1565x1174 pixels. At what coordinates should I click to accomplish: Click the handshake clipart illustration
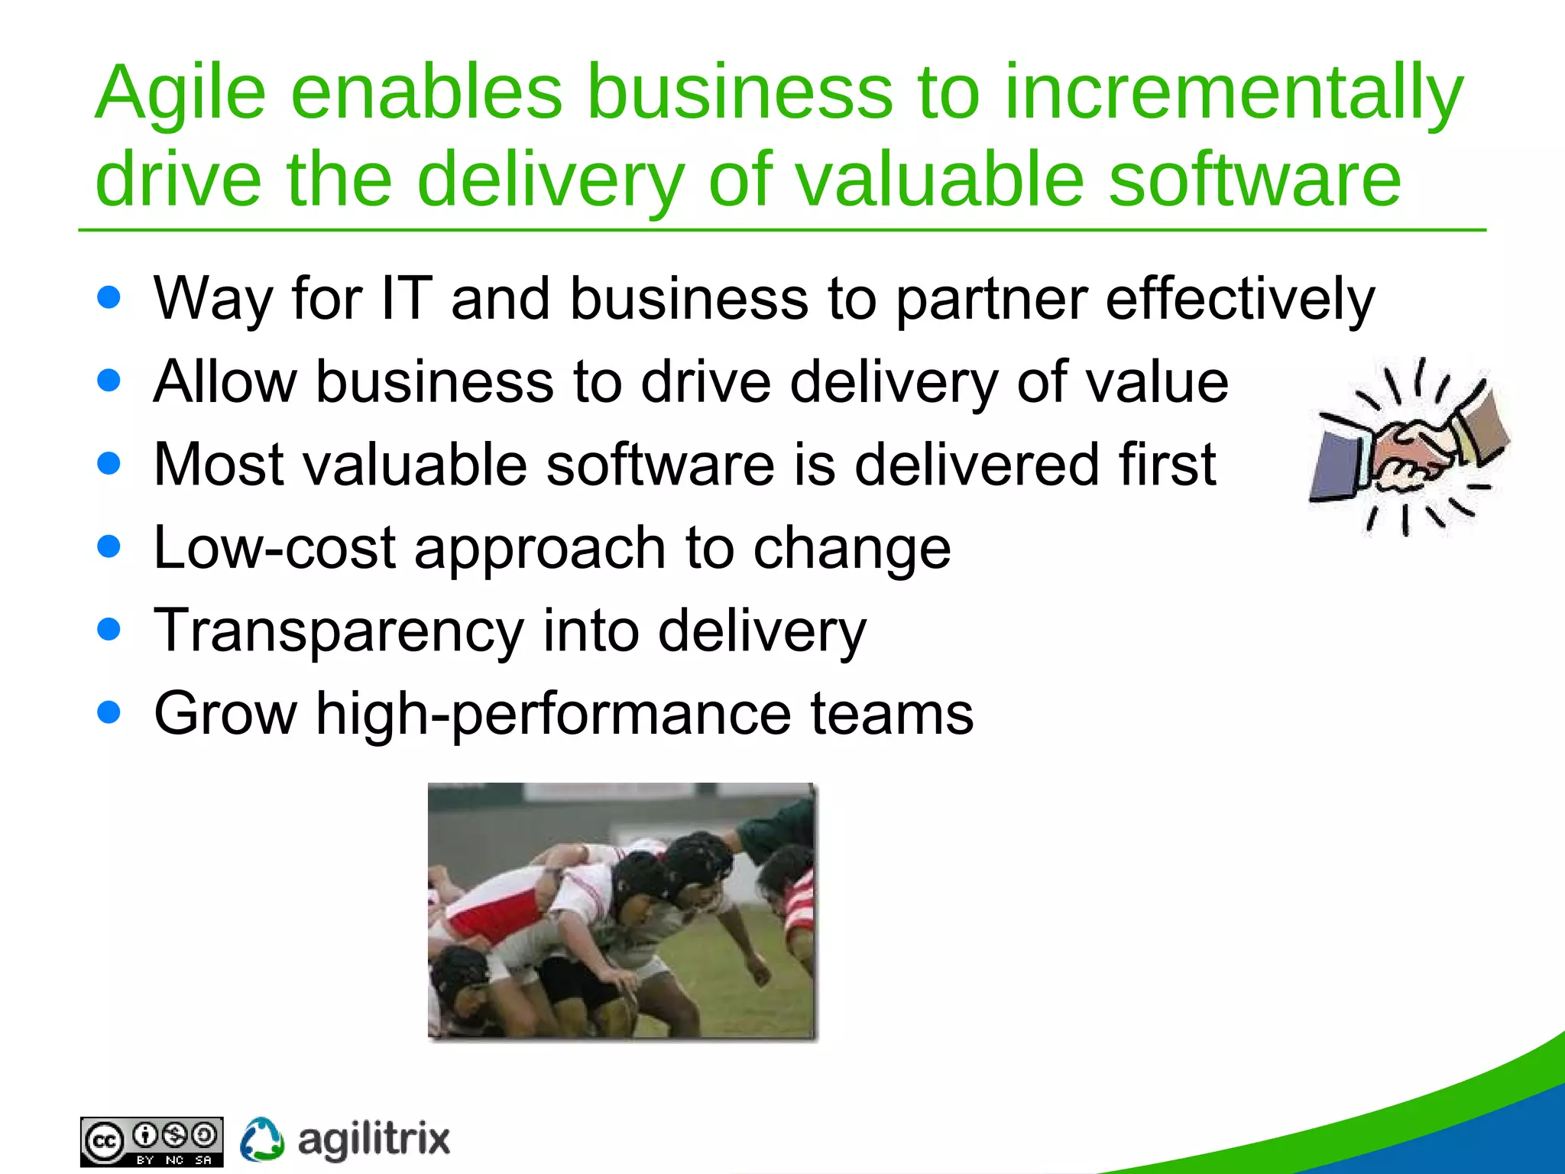pyautogui.click(x=1408, y=447)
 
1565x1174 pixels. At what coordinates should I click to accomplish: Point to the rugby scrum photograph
pyautogui.click(x=622, y=911)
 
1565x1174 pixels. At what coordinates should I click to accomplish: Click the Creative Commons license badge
pyautogui.click(x=151, y=1142)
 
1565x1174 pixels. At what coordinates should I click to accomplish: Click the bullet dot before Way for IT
pyautogui.click(x=109, y=297)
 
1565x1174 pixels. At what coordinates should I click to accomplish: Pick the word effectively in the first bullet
pyautogui.click(x=1239, y=299)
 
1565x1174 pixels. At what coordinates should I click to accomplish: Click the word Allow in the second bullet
pyautogui.click(x=225, y=381)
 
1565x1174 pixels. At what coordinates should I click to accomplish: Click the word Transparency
pyautogui.click(x=339, y=631)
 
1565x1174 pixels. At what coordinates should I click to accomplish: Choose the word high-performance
pyautogui.click(x=553, y=714)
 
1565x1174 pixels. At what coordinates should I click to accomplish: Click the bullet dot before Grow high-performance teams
pyautogui.click(x=109, y=712)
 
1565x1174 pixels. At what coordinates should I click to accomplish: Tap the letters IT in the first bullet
pyautogui.click(x=406, y=299)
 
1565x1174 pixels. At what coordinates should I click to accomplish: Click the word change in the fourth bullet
pyautogui.click(x=851, y=550)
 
